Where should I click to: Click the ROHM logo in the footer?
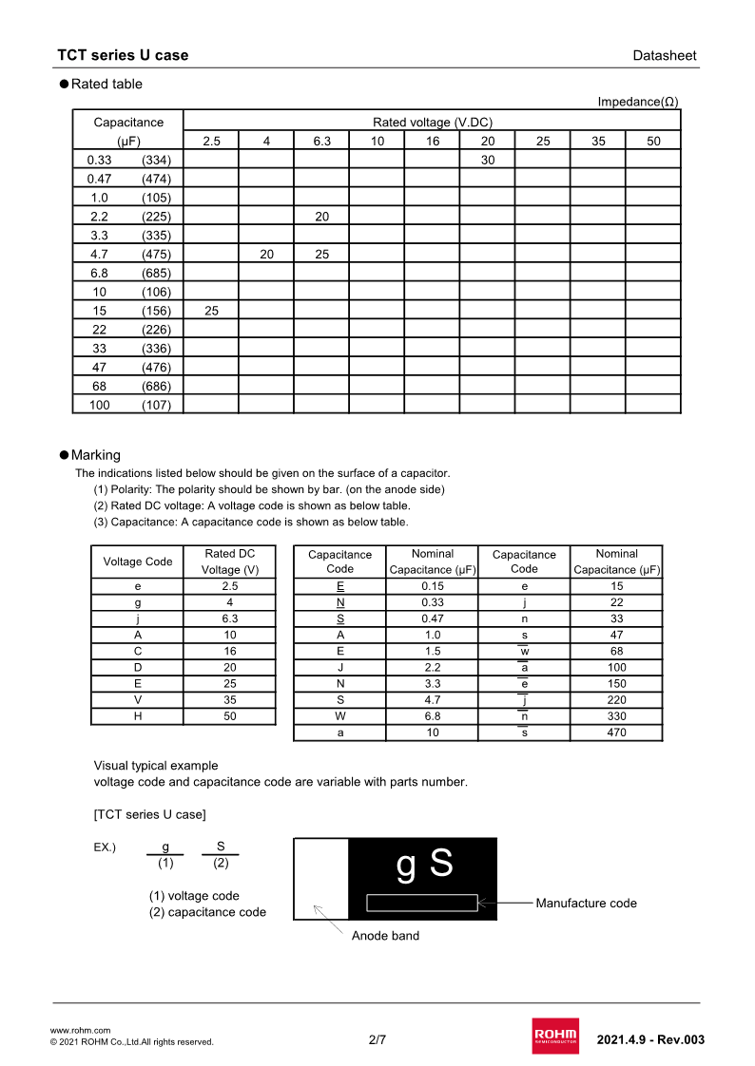click(x=555, y=1037)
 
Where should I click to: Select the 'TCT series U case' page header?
click(x=123, y=55)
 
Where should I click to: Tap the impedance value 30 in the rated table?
click(x=488, y=160)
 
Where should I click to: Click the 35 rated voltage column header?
click(x=598, y=141)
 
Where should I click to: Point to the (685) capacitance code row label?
click(x=156, y=273)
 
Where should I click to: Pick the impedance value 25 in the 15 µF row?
click(x=211, y=311)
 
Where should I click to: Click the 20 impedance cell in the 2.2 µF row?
click(x=322, y=217)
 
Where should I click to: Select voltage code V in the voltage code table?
click(x=138, y=700)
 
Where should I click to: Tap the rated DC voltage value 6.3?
click(x=230, y=619)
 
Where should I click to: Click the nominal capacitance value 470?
click(x=616, y=733)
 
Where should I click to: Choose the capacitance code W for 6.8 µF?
click(x=340, y=716)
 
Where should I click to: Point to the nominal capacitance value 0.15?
click(x=433, y=586)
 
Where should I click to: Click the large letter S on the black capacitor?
click(x=441, y=864)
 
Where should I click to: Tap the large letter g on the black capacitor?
click(x=406, y=866)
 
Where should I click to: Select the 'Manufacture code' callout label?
click(x=586, y=903)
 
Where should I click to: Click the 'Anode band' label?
click(x=385, y=936)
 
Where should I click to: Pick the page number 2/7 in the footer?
click(x=377, y=1039)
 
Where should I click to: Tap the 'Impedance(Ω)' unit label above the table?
click(x=638, y=102)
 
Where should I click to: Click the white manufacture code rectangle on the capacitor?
click(x=422, y=903)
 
